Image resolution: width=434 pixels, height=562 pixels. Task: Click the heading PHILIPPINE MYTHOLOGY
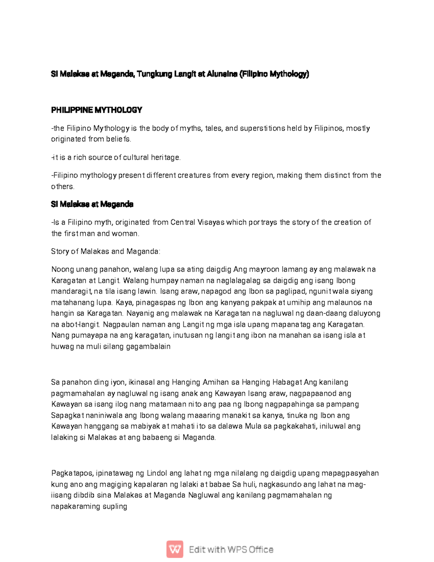[97, 110]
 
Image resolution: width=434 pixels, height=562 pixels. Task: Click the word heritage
[165, 157]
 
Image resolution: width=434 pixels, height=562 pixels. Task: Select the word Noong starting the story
[62, 269]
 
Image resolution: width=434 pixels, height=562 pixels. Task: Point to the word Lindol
[157, 473]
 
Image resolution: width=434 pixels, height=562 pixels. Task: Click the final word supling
[115, 506]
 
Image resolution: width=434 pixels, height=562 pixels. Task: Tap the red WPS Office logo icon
[175, 549]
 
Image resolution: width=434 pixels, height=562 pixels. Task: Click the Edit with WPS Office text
[231, 550]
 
